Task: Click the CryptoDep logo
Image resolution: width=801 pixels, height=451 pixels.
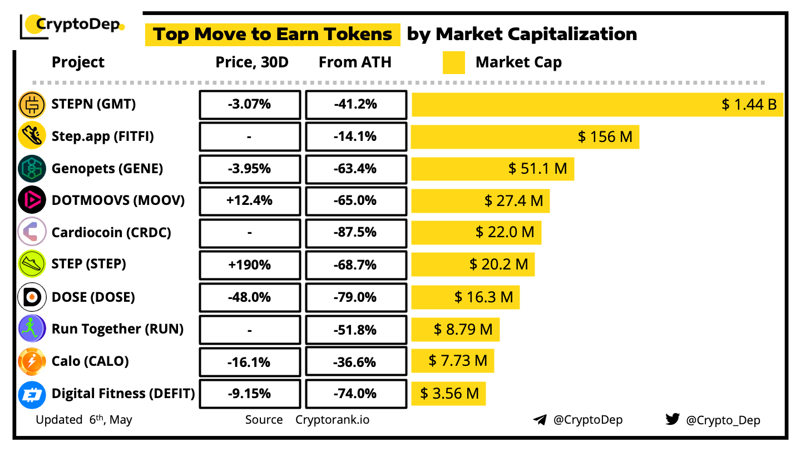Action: tap(72, 26)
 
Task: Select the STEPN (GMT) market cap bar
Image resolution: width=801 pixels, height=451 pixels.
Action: tap(597, 105)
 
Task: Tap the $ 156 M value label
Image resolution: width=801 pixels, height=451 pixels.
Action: tap(605, 136)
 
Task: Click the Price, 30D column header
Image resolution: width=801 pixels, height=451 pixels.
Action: tap(252, 62)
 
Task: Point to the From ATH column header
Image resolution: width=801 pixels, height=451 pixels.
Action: tap(355, 62)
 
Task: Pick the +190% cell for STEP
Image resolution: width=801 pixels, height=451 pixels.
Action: tap(250, 265)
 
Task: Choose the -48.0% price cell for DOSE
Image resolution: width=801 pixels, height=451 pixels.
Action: tap(250, 297)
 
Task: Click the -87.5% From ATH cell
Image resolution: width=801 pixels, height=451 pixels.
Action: tap(355, 233)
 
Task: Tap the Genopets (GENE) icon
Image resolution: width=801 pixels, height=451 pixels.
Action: tap(32, 169)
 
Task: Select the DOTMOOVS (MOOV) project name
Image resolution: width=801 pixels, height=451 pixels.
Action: tap(118, 200)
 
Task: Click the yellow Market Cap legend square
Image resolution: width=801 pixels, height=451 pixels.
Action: tap(454, 62)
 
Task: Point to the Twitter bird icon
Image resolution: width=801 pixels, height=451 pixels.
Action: tap(673, 419)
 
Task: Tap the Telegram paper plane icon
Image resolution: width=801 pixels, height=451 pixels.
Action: tap(539, 420)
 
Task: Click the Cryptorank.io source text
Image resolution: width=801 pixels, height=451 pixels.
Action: tap(332, 420)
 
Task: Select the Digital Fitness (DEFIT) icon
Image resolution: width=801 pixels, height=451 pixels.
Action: tap(32, 394)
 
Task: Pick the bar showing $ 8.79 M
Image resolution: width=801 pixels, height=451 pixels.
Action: tap(455, 330)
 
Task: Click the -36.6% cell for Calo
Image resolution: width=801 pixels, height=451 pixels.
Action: tap(355, 362)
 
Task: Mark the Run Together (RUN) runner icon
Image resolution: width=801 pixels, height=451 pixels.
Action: tap(32, 329)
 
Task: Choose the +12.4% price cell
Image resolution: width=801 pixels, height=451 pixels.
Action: tap(250, 200)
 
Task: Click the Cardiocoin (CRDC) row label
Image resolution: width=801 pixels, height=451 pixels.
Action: tap(111, 232)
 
